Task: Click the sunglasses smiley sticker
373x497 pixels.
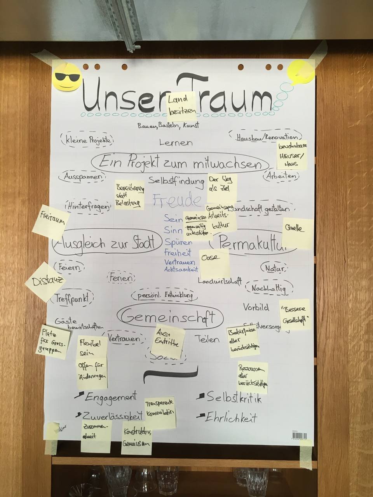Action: click(67, 76)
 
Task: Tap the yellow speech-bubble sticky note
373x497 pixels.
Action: click(300, 72)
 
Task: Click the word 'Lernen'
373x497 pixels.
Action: click(176, 142)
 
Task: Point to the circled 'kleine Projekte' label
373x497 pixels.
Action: click(87, 140)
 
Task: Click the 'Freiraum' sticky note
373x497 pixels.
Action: click(51, 222)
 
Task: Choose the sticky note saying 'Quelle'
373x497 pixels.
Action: click(298, 233)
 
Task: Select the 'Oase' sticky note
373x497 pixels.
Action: click(214, 263)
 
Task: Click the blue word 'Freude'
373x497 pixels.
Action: click(177, 201)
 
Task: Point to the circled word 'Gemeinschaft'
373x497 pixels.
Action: click(170, 317)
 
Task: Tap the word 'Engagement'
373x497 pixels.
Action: click(111, 397)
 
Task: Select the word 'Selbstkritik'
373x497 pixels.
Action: click(234, 398)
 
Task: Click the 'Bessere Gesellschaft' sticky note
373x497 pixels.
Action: click(295, 315)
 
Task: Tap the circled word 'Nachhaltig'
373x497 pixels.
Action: click(268, 288)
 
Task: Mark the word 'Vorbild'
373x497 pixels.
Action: click(256, 308)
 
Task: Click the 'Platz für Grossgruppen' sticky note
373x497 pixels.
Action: click(55, 341)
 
